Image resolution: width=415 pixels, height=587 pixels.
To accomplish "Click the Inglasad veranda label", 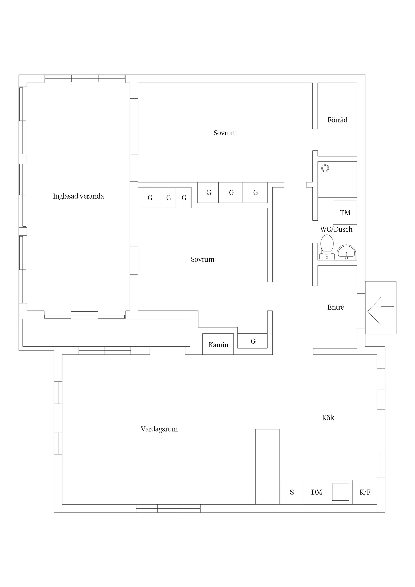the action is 78,196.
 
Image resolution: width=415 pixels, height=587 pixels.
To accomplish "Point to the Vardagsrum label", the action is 159,429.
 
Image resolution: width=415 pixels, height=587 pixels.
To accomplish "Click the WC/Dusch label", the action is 336,229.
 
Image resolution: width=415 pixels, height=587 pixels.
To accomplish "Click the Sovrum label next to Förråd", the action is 225,133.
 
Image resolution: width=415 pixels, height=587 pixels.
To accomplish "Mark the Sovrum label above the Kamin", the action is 202,259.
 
